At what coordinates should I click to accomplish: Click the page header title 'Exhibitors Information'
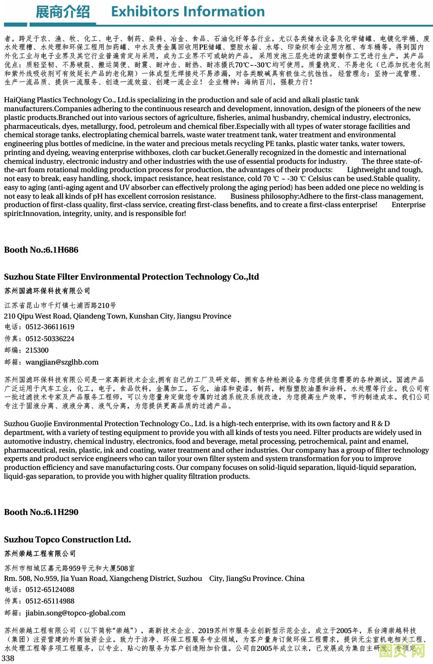click(x=188, y=12)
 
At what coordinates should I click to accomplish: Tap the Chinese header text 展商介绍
click(x=62, y=12)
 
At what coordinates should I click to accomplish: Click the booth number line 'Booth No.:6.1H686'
click(x=41, y=250)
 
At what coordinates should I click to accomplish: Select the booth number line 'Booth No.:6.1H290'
click(x=41, y=512)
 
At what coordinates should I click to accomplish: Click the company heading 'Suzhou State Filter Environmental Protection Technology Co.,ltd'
click(x=131, y=277)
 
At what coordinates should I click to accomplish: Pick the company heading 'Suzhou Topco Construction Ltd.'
click(x=67, y=540)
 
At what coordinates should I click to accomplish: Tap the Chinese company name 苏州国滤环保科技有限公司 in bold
click(x=47, y=291)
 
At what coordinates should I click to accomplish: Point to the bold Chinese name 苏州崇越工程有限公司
click(x=40, y=554)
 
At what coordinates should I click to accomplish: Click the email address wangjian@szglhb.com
click(x=62, y=362)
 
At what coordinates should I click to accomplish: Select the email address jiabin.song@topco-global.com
click(x=76, y=613)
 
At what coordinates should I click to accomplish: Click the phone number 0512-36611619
click(x=50, y=327)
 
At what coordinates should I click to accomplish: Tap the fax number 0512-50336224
click(x=50, y=339)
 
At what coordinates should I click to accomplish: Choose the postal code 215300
click(x=37, y=350)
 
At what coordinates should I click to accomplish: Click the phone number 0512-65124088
click(x=50, y=590)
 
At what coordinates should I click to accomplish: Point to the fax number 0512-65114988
click(x=50, y=601)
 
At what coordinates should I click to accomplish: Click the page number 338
click(x=8, y=658)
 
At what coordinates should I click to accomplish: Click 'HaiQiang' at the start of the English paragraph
click(x=18, y=100)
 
